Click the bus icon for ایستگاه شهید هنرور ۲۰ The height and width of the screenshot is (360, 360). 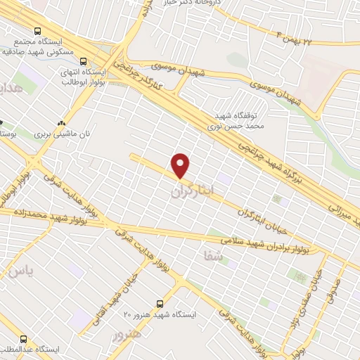pyautogui.click(x=160, y=303)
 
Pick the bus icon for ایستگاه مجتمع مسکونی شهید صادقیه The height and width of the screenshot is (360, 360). pyautogui.click(x=37, y=31)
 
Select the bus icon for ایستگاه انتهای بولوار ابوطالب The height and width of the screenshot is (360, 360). pyautogui.click(x=83, y=61)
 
